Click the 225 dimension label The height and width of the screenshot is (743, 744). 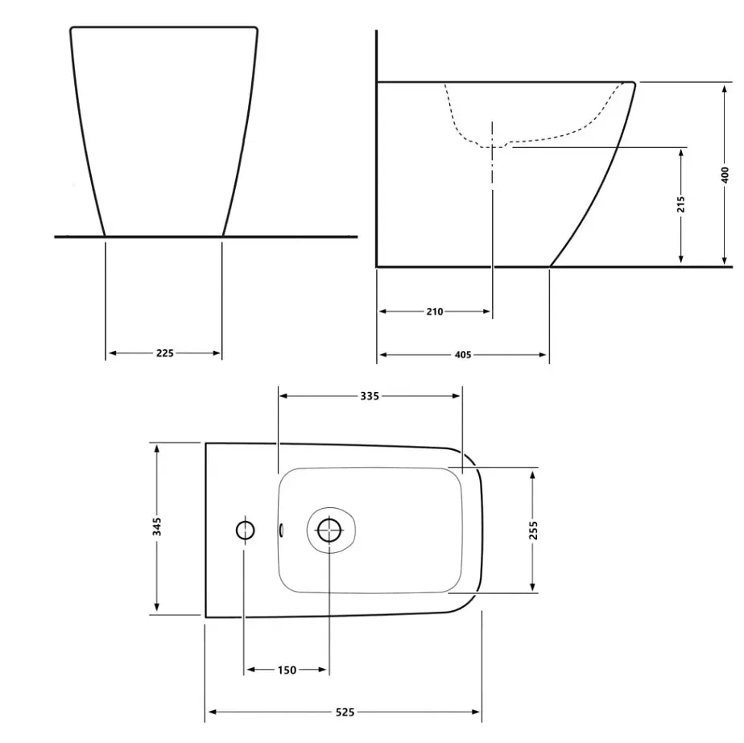click(x=164, y=353)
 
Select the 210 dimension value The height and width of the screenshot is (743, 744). click(x=435, y=312)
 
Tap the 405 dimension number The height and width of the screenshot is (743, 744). click(x=463, y=355)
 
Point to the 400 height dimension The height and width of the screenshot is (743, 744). click(x=725, y=174)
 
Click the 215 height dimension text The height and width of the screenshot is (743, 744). click(x=681, y=204)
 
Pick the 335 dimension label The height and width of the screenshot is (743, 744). click(x=370, y=396)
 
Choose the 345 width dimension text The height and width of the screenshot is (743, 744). click(x=157, y=526)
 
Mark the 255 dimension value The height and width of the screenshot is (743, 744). click(x=533, y=530)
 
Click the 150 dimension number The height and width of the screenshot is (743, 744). click(x=287, y=670)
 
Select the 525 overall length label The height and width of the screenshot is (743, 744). click(x=345, y=712)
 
